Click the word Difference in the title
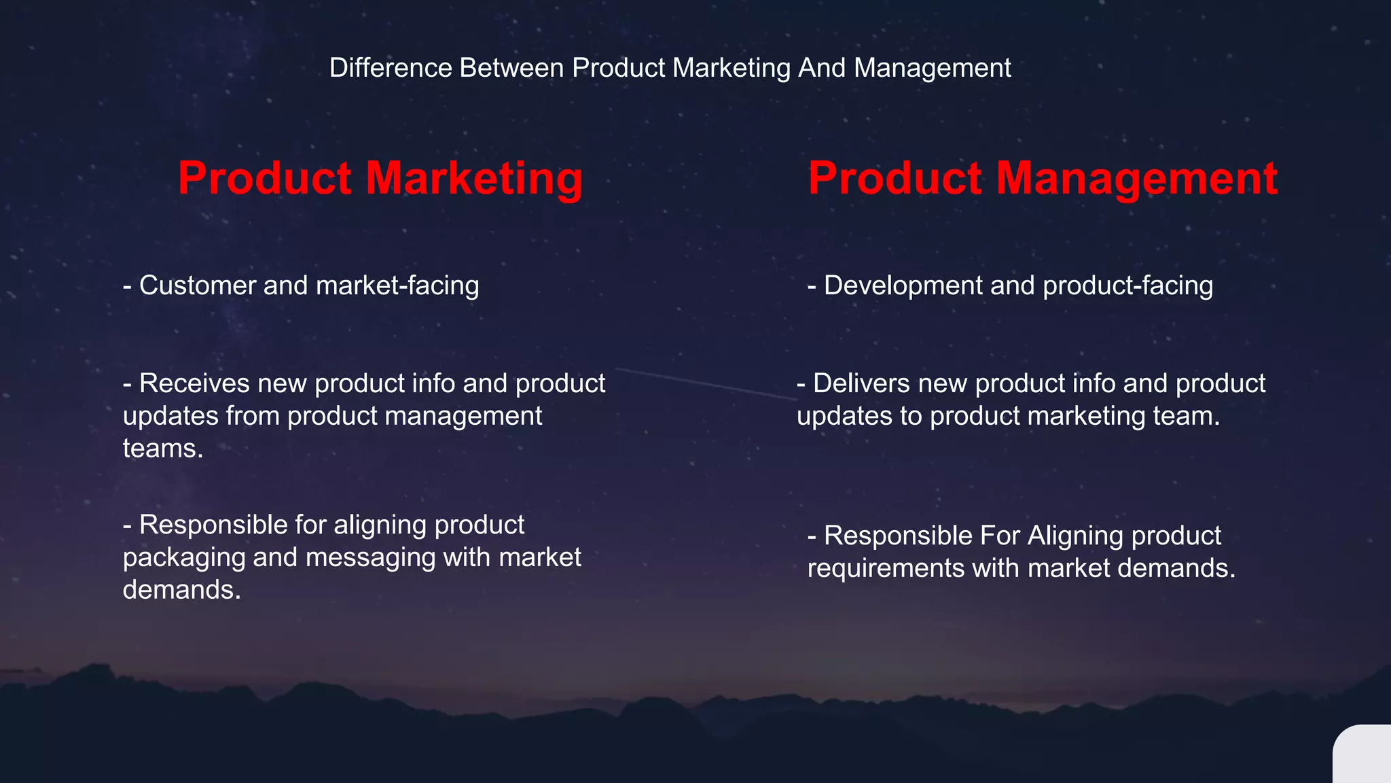tap(390, 68)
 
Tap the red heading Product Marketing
tap(380, 178)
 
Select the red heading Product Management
tap(1043, 178)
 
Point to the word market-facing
tap(397, 285)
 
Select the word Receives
tap(194, 383)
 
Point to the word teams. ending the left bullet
tap(163, 449)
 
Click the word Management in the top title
tap(932, 68)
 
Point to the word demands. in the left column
tap(182, 590)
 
